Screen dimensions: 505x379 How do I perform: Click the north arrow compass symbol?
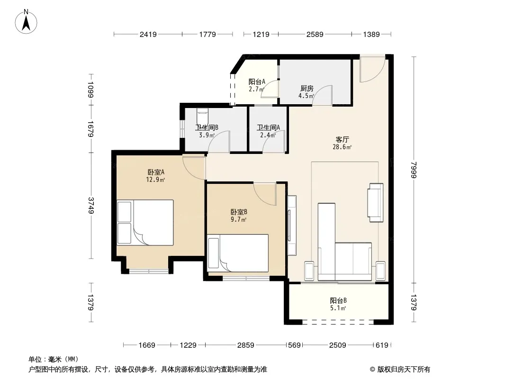(x=26, y=22)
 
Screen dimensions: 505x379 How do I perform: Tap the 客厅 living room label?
(x=342, y=139)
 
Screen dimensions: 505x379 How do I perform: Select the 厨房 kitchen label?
(x=307, y=88)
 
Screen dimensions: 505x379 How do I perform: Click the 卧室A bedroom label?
(x=156, y=172)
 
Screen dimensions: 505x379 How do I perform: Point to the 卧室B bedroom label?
(x=239, y=212)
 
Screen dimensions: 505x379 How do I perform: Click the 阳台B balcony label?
(x=338, y=300)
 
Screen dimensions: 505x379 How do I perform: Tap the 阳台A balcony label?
(x=257, y=82)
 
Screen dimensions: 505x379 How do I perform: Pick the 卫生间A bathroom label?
(x=268, y=127)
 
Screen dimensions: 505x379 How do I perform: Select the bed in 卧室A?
(x=145, y=223)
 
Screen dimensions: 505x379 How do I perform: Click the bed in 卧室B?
(x=238, y=253)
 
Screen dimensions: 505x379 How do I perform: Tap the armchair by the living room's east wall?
(x=376, y=203)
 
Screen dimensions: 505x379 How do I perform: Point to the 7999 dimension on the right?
(x=414, y=170)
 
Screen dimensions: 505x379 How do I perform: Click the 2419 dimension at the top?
(x=148, y=34)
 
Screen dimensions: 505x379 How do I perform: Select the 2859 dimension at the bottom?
(x=246, y=345)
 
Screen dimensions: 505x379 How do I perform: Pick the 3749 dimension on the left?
(x=91, y=206)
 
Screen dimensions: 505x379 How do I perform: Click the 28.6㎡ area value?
(x=342, y=147)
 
